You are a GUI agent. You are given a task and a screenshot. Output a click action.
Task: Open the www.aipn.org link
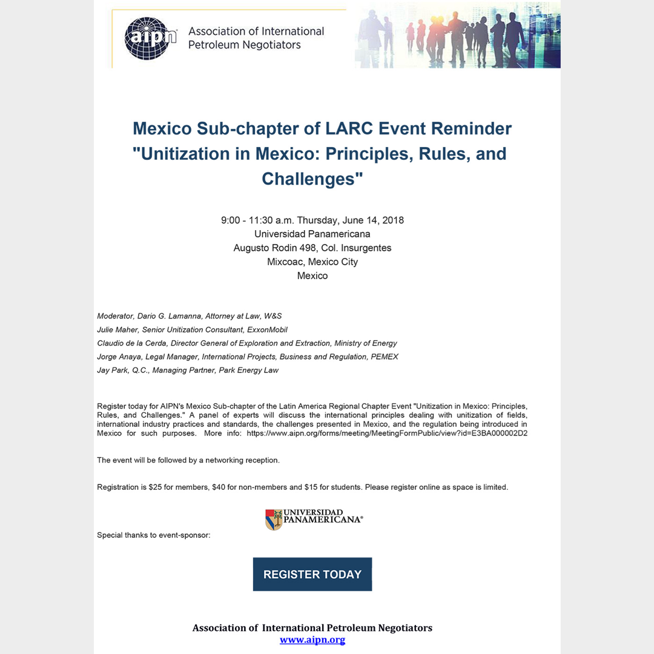312,640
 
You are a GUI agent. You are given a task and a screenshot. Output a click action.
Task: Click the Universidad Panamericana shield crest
274,520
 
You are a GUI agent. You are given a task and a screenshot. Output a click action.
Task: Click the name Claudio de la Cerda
131,343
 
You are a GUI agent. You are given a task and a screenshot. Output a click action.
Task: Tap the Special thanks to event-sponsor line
154,535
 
